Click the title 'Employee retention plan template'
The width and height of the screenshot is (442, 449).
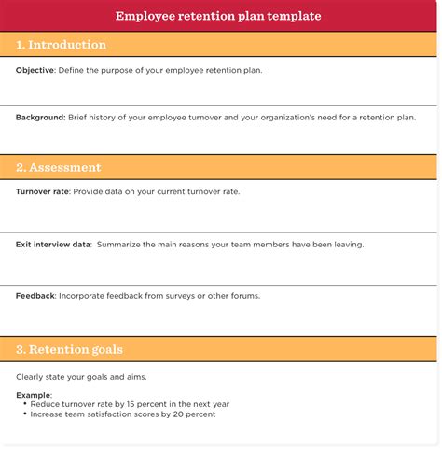pyautogui.click(x=218, y=16)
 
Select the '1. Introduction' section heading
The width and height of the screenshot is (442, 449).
pyautogui.click(x=62, y=45)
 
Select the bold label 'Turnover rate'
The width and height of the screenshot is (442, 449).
pyautogui.click(x=42, y=191)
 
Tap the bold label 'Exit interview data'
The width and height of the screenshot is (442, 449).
pyautogui.click(x=53, y=245)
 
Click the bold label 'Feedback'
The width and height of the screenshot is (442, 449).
pyautogui.click(x=35, y=296)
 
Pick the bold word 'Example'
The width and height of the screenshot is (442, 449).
pyautogui.click(x=34, y=395)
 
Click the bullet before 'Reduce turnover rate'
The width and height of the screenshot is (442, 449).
pyautogui.click(x=25, y=404)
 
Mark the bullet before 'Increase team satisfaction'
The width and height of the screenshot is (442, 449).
pyautogui.click(x=25, y=414)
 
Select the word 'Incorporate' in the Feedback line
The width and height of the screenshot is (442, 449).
pyautogui.click(x=82, y=296)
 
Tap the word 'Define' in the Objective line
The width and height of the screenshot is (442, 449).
pyautogui.click(x=72, y=71)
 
